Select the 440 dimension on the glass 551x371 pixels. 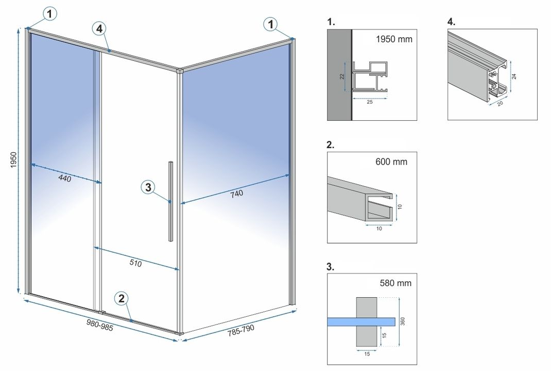pyautogui.click(x=64, y=179)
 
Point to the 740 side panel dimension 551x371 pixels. pyautogui.click(x=236, y=193)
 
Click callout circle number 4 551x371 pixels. pyautogui.click(x=100, y=29)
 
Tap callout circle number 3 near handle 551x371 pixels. pyautogui.click(x=148, y=188)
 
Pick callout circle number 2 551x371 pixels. pyautogui.click(x=122, y=298)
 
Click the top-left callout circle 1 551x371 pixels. pyautogui.click(x=49, y=14)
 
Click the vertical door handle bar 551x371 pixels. pyautogui.click(x=170, y=201)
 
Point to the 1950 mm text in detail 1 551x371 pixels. pyautogui.click(x=394, y=39)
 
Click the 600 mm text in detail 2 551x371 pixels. pyautogui.click(x=391, y=162)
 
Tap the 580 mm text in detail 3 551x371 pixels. pyautogui.click(x=395, y=283)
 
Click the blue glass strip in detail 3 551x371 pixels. pyautogui.click(x=360, y=321)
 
